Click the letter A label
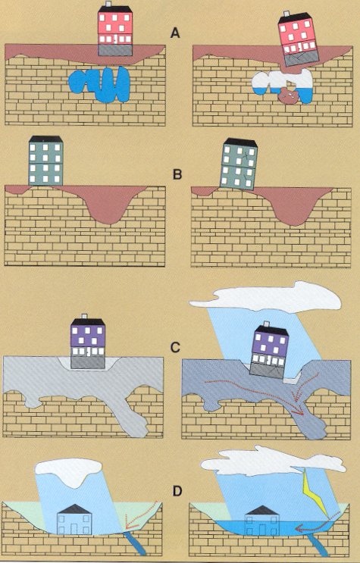click(x=175, y=33)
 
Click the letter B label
click(x=177, y=174)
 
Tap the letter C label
click(x=174, y=348)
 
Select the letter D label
click(x=177, y=491)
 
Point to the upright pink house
click(x=115, y=31)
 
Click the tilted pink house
click(x=299, y=39)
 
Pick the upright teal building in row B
click(x=45, y=161)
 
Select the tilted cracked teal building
click(x=239, y=164)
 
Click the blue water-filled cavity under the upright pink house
click(x=99, y=84)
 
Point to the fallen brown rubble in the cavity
click(x=288, y=96)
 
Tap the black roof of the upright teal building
click(x=46, y=139)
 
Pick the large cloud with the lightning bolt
click(x=273, y=460)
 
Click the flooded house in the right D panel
click(x=263, y=520)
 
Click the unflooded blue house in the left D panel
click(x=75, y=519)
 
